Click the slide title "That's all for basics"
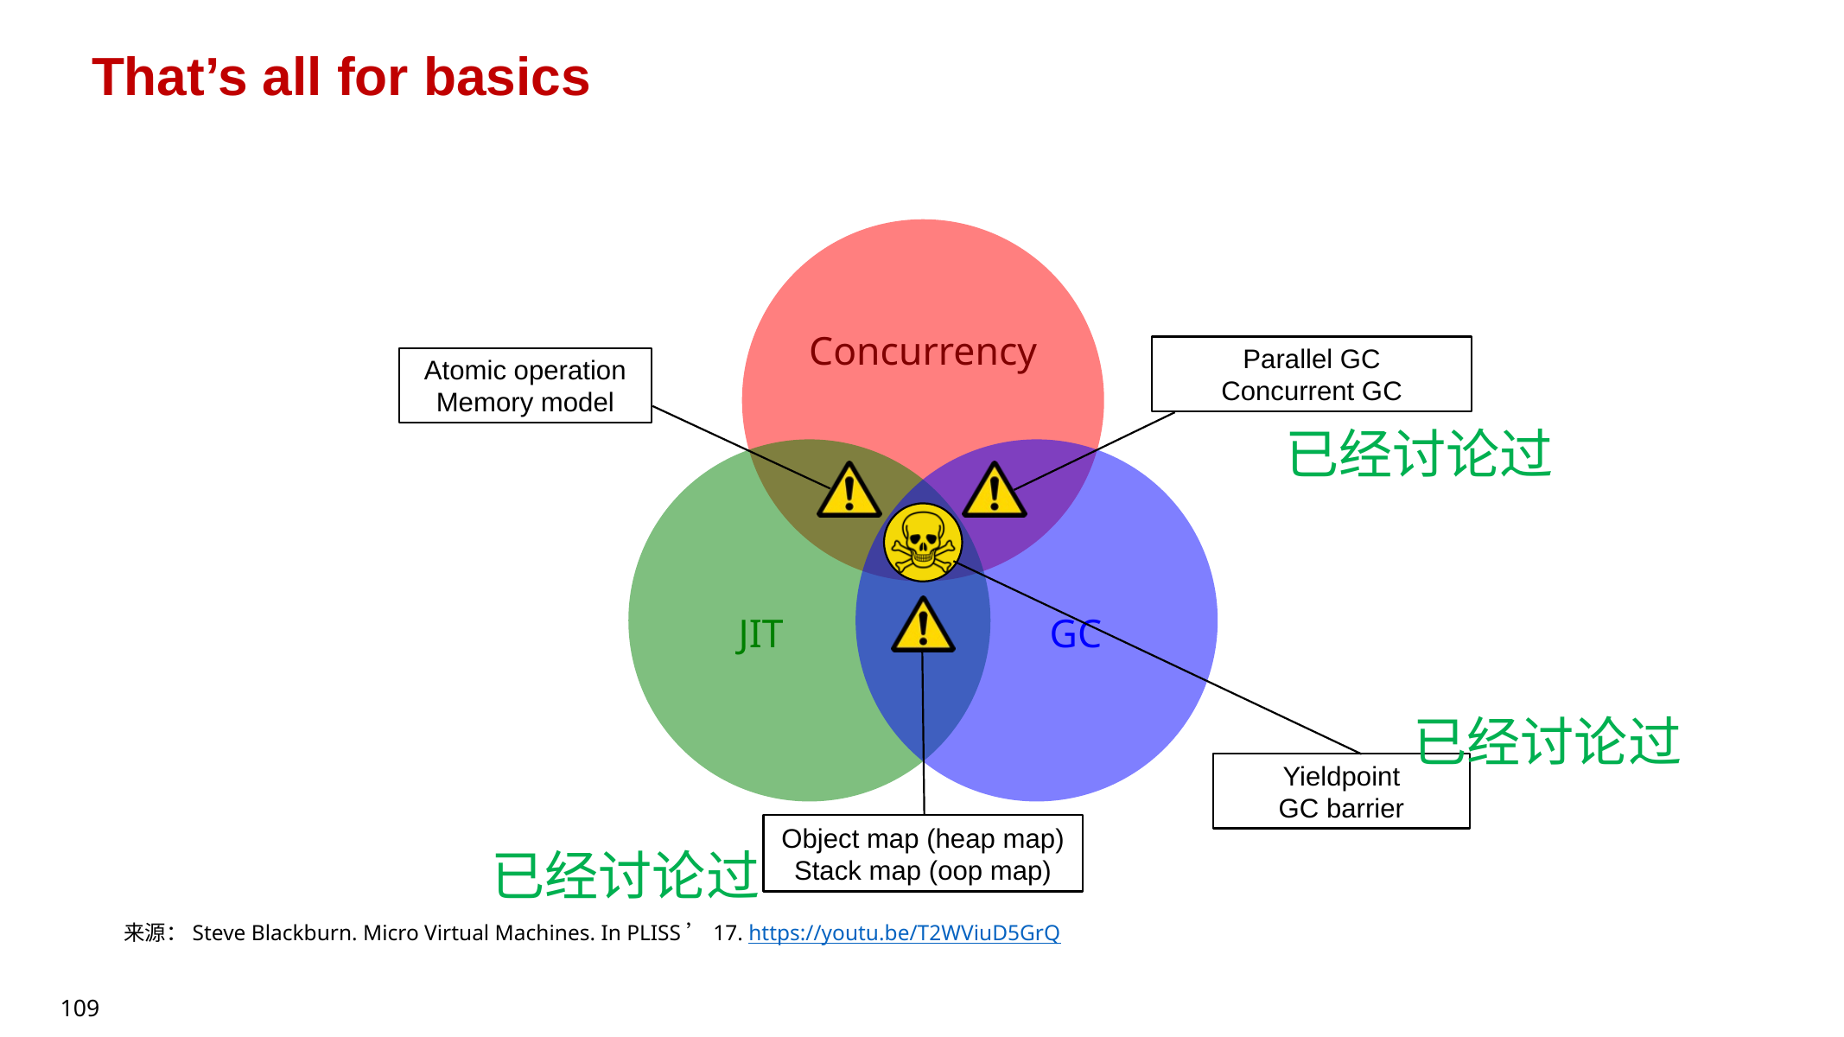(340, 77)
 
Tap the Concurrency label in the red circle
(922, 353)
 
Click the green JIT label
(760, 634)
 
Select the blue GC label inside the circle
(1075, 634)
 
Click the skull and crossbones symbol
(922, 543)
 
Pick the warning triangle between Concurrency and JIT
(849, 492)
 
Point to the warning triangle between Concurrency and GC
(995, 492)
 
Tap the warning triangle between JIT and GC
(923, 626)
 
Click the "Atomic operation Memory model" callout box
(525, 385)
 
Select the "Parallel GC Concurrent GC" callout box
(1311, 374)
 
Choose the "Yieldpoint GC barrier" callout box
(1340, 792)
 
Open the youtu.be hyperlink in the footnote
(904, 933)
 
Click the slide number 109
(79, 1008)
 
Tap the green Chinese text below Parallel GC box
(1419, 455)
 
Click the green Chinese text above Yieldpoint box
(1547, 741)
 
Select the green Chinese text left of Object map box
(625, 875)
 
